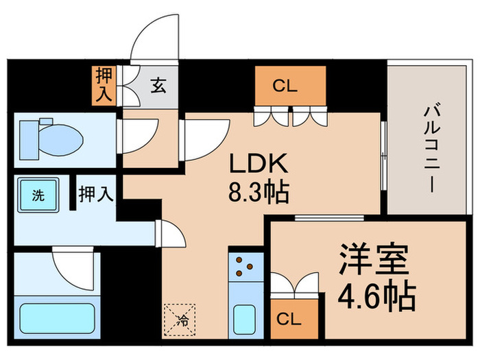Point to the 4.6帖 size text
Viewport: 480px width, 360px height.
point(376,296)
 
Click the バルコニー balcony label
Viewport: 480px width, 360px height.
point(431,147)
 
